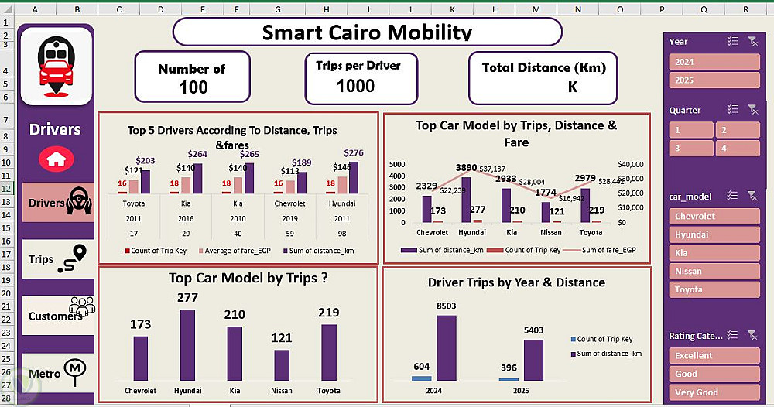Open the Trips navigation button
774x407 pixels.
pos(57,259)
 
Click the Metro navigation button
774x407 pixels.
pos(57,373)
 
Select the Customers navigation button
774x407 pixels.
pos(57,315)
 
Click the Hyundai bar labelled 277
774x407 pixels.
pos(187,344)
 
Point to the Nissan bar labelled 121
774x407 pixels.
pos(282,364)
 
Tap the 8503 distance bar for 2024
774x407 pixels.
pos(447,348)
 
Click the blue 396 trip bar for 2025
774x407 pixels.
pos(509,379)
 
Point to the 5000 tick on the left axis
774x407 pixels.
pos(396,165)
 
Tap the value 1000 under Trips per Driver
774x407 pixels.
pos(355,86)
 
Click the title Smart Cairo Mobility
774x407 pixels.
pos(366,32)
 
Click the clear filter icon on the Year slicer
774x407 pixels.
pos(753,42)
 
